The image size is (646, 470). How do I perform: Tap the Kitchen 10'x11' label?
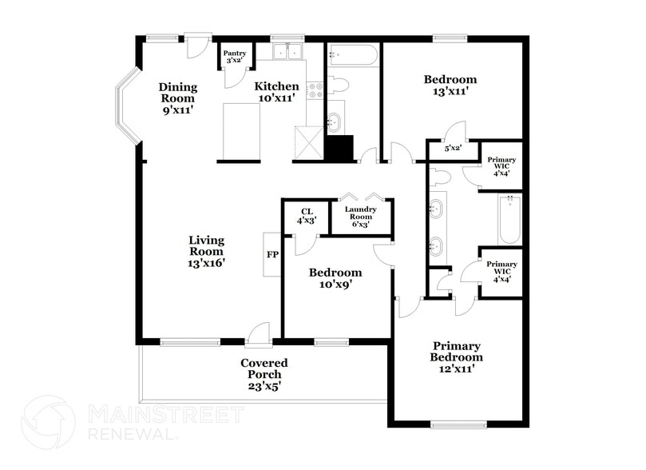coord(276,92)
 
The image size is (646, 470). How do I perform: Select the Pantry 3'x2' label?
coord(234,57)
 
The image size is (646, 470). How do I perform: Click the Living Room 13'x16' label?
coord(206,251)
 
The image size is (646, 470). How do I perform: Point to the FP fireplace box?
coord(271,254)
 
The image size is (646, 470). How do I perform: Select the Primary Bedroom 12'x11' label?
coord(456,357)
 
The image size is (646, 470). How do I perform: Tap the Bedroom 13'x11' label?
coord(450,86)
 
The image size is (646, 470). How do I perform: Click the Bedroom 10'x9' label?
coord(335,278)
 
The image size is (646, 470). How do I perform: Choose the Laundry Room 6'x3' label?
coord(360,217)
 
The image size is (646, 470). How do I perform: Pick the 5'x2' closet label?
coord(452,148)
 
